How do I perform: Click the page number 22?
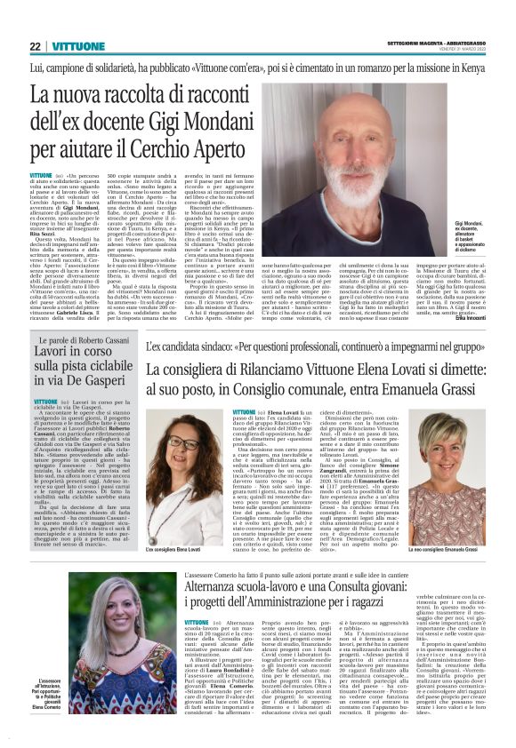pyautogui.click(x=34, y=46)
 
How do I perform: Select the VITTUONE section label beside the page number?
pyautogui.click(x=75, y=46)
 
